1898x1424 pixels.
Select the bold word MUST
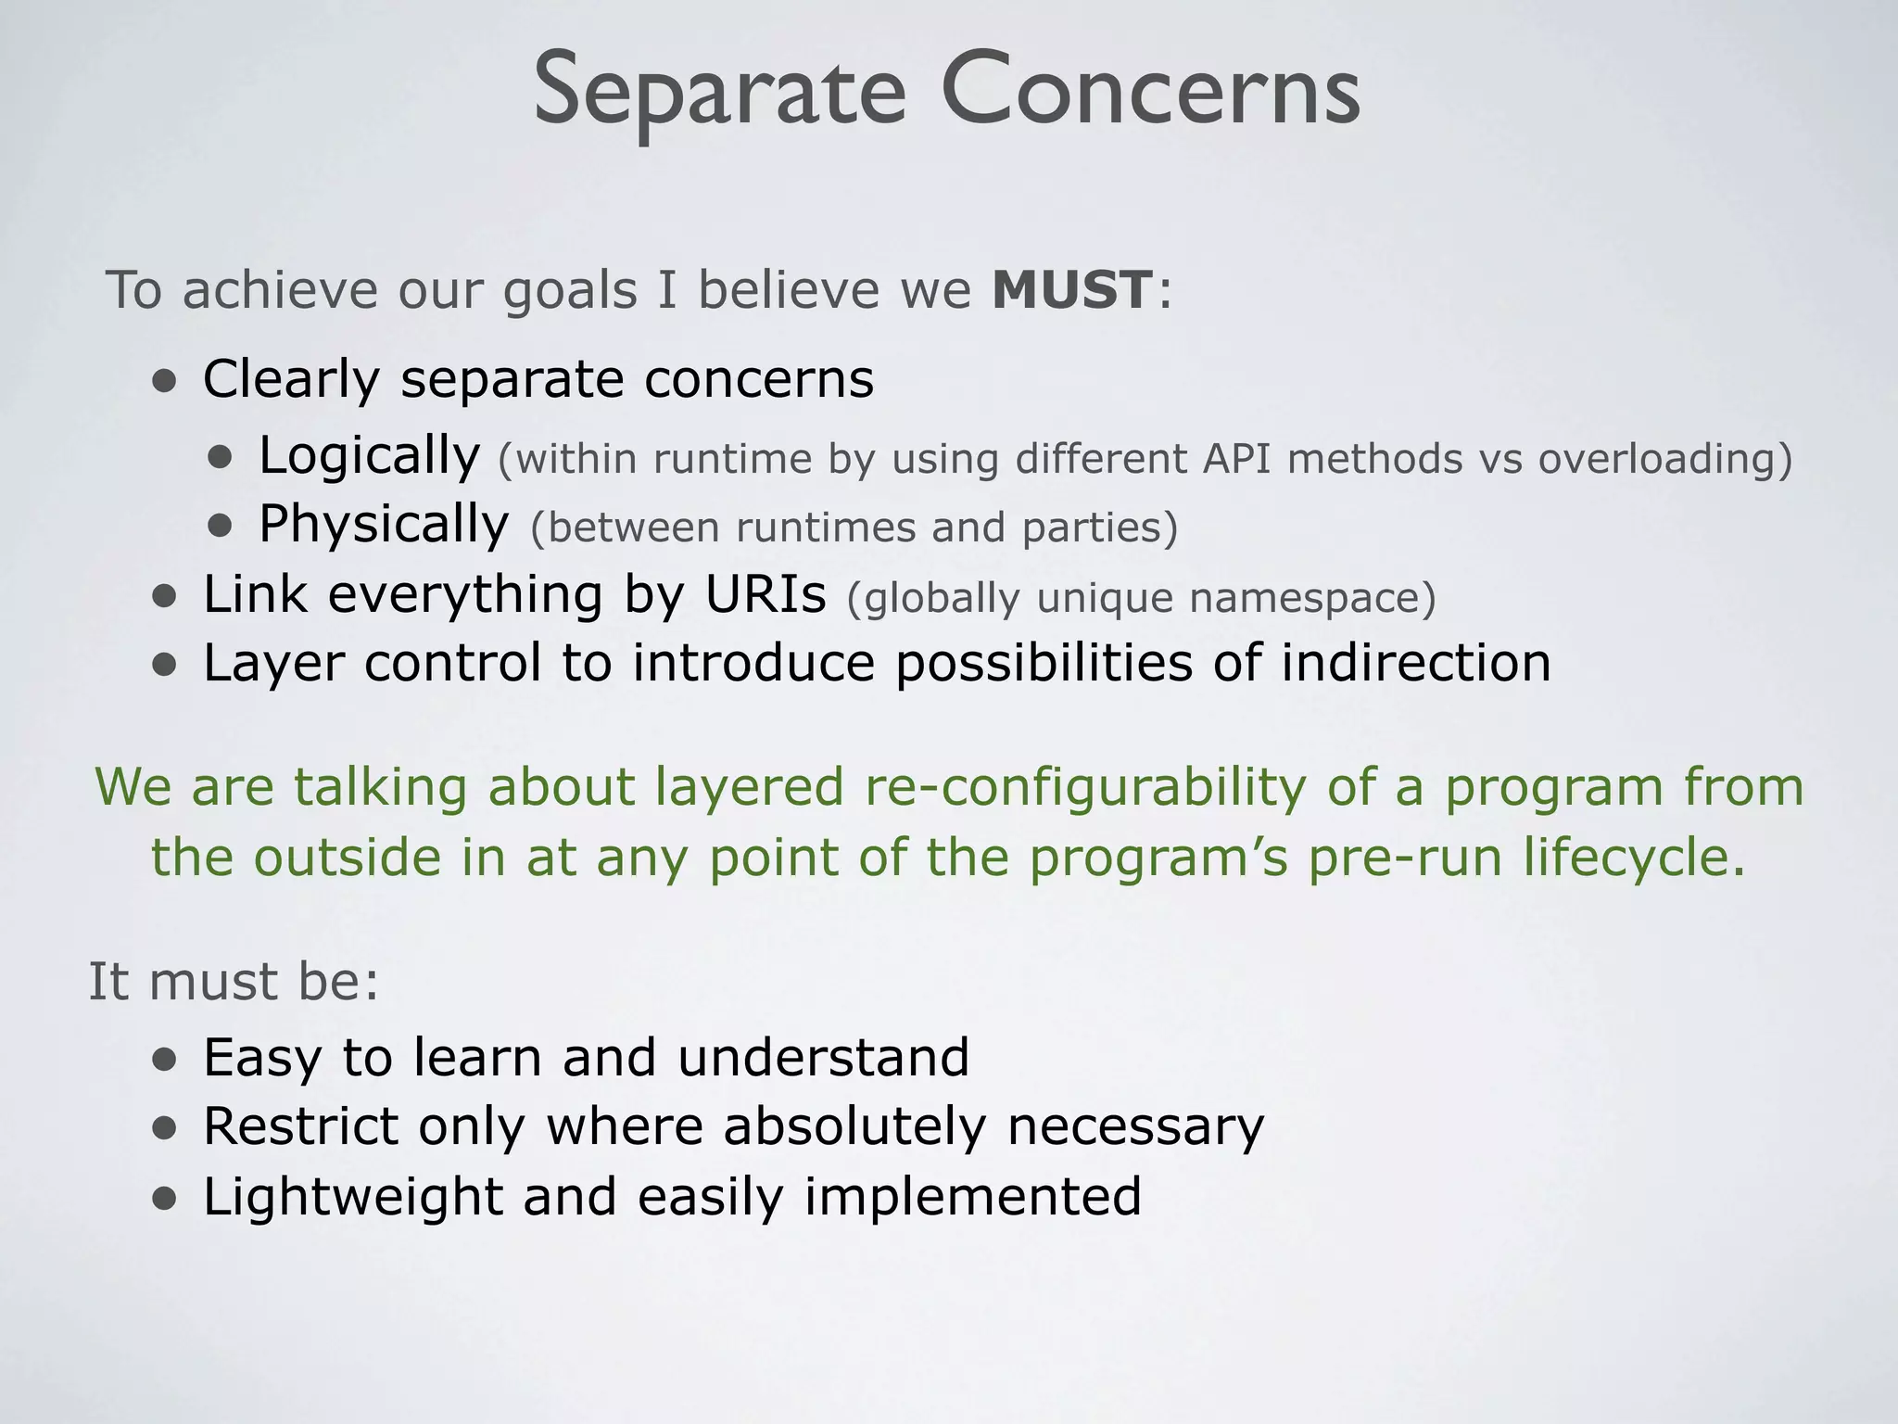click(x=1072, y=290)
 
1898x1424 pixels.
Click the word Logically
click(x=369, y=457)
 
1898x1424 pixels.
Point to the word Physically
click(x=384, y=526)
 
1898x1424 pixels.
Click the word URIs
click(x=765, y=594)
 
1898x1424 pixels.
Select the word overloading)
click(x=1665, y=459)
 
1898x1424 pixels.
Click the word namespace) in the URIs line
click(x=1312, y=598)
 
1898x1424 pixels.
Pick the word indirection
click(x=1415, y=664)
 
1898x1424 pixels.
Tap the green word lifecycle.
click(x=1635, y=858)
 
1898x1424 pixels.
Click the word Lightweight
click(x=352, y=1197)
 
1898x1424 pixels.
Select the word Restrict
click(x=299, y=1127)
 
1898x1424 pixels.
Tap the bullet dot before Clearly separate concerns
click(x=165, y=381)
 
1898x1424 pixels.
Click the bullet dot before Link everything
click(x=165, y=597)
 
